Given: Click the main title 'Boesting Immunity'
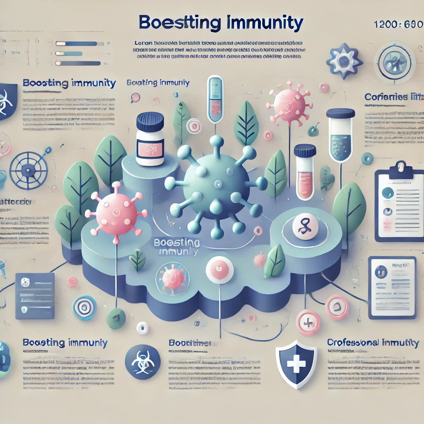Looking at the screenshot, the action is click(221, 23).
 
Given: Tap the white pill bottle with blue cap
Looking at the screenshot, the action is click(150, 140).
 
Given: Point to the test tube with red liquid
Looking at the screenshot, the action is click(305, 171).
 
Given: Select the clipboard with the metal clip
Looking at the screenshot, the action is click(399, 200).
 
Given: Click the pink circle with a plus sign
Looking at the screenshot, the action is click(308, 322).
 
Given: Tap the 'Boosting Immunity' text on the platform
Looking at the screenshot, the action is click(176, 247).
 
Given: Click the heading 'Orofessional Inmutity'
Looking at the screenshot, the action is click(372, 343).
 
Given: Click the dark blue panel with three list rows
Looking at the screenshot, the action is click(35, 296).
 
